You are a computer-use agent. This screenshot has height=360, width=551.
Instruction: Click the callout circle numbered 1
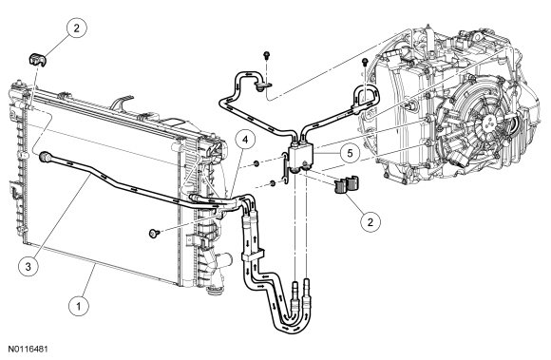tap(78, 306)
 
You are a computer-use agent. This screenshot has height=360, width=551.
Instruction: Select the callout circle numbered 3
tap(28, 266)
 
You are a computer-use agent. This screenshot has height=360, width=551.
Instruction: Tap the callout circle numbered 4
tap(245, 140)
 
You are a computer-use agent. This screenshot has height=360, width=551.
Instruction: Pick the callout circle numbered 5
tap(350, 153)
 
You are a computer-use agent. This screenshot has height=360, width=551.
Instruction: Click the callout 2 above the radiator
tap(77, 28)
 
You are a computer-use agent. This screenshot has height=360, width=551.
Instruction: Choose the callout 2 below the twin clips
tap(370, 221)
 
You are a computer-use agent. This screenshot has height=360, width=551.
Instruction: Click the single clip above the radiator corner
tap(37, 59)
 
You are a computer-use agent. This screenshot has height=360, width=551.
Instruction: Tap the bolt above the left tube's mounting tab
tap(267, 55)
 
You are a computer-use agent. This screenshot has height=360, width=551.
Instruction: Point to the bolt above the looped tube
tap(365, 63)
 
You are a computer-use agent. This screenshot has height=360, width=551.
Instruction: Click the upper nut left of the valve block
tap(256, 163)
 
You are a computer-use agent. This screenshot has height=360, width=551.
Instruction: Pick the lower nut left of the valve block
tap(272, 183)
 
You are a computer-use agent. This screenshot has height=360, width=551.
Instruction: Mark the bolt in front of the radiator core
tap(154, 234)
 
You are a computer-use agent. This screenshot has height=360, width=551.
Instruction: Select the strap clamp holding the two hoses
tap(253, 256)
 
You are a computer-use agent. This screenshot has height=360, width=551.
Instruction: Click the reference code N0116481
tap(28, 350)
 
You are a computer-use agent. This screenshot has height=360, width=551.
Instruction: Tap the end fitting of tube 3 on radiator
tap(46, 157)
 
